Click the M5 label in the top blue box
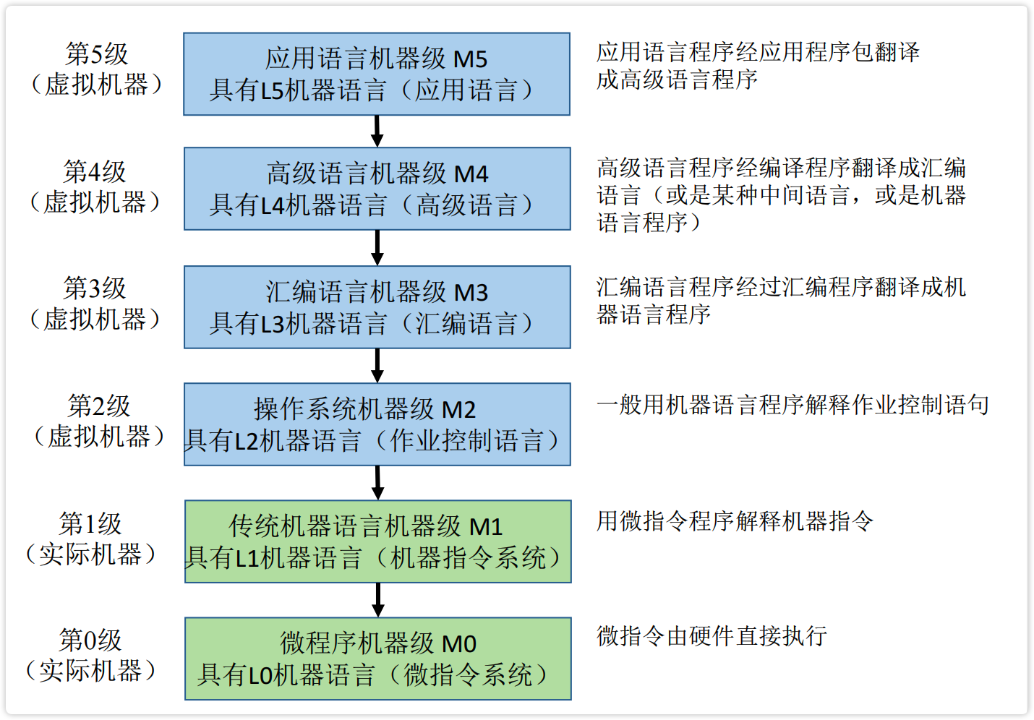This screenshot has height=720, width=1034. pyautogui.click(x=470, y=59)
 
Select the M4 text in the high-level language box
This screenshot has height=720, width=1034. pyautogui.click(x=471, y=174)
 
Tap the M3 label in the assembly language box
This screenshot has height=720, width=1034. pyautogui.click(x=471, y=293)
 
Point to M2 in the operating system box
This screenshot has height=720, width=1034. pyautogui.click(x=458, y=410)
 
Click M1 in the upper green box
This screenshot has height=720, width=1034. pyautogui.click(x=486, y=527)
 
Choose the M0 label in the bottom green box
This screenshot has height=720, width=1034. pyautogui.click(x=459, y=643)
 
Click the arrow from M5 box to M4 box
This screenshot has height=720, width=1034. pyautogui.click(x=377, y=131)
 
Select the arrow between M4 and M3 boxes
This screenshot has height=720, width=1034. pyautogui.click(x=377, y=248)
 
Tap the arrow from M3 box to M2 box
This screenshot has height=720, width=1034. pyautogui.click(x=377, y=366)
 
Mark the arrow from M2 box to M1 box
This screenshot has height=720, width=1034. pyautogui.click(x=377, y=483)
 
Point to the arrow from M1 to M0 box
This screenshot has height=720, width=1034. pyautogui.click(x=377, y=600)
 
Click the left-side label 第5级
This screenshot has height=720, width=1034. pyautogui.click(x=96, y=53)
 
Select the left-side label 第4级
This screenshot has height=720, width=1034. pyautogui.click(x=95, y=171)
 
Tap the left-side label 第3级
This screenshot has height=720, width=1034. pyautogui.click(x=95, y=288)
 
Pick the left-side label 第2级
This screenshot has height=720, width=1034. pyautogui.click(x=98, y=406)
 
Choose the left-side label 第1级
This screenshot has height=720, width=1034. pyautogui.click(x=90, y=523)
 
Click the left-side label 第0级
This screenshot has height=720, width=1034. pyautogui.click(x=90, y=640)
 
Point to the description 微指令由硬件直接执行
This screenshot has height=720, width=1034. pyautogui.click(x=712, y=636)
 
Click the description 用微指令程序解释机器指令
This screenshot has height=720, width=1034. pyautogui.click(x=735, y=520)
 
